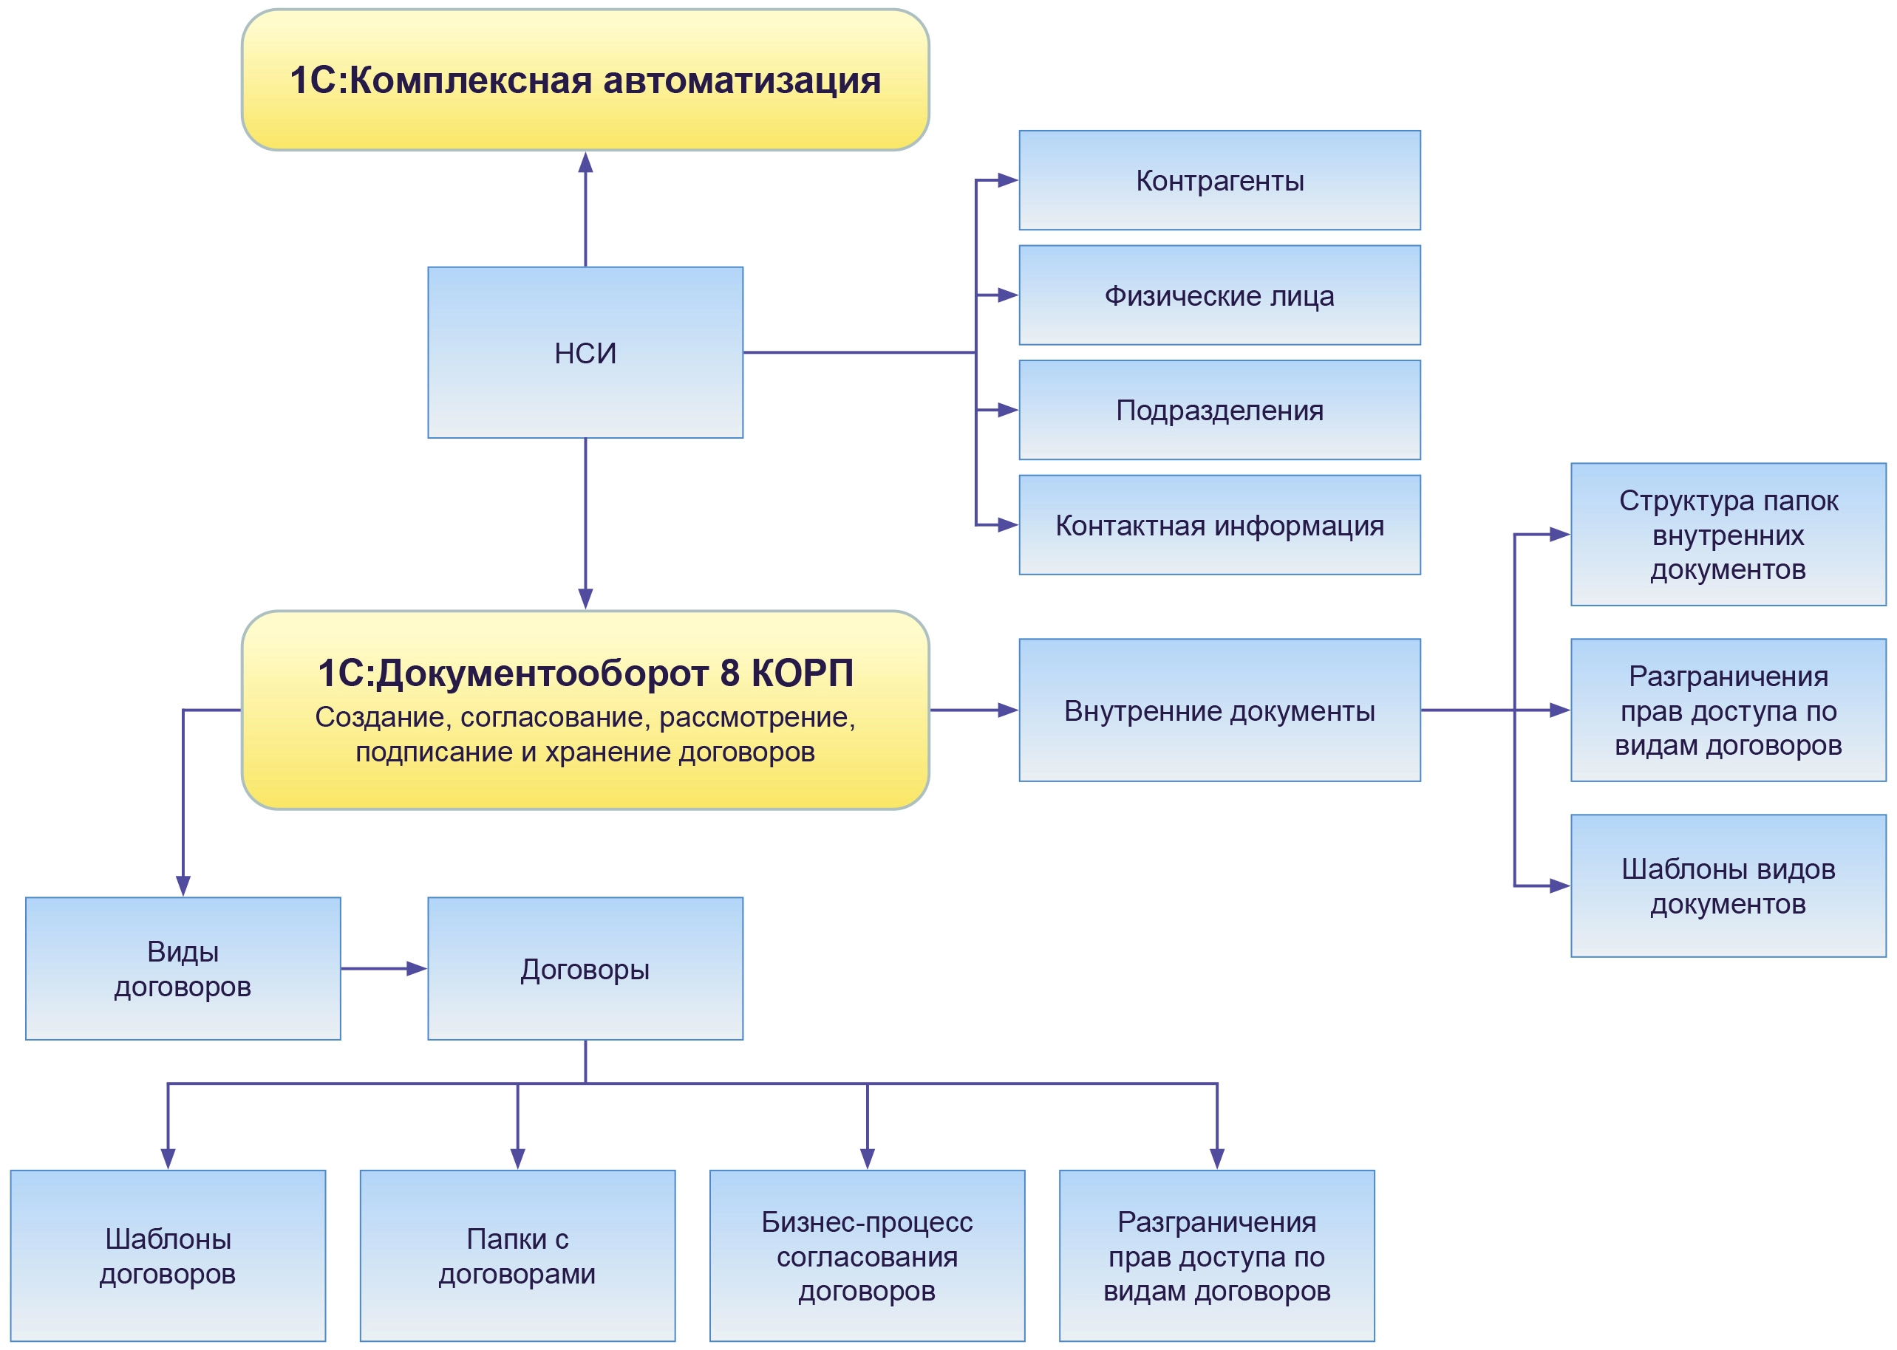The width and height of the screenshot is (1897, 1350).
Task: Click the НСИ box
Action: [585, 352]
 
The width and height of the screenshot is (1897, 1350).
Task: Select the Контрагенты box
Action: [1219, 180]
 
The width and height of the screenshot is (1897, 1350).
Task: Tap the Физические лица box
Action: [1219, 295]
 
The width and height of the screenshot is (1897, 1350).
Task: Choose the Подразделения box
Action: [1219, 410]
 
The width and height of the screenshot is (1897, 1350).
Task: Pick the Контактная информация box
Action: [1219, 524]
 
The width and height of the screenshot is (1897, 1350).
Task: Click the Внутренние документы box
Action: [1219, 710]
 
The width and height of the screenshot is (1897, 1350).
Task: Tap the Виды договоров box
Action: [183, 968]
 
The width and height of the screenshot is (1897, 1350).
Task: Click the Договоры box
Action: [585, 968]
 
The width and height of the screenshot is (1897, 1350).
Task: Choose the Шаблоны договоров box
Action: [168, 1255]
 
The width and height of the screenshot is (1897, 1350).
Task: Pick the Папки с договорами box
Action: [517, 1255]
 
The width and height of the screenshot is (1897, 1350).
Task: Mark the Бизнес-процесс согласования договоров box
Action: [867, 1255]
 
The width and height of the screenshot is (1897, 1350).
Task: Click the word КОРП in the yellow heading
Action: [802, 674]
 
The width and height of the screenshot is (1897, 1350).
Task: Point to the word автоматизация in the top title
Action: [741, 80]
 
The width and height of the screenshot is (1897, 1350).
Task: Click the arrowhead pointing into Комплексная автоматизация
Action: [585, 162]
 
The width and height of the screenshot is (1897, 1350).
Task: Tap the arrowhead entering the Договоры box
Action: [417, 968]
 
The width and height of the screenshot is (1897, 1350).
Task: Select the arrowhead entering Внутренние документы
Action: [1008, 710]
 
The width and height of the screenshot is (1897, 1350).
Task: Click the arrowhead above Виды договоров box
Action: [183, 885]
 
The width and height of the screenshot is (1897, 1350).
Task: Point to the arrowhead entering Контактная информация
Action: [1008, 524]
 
